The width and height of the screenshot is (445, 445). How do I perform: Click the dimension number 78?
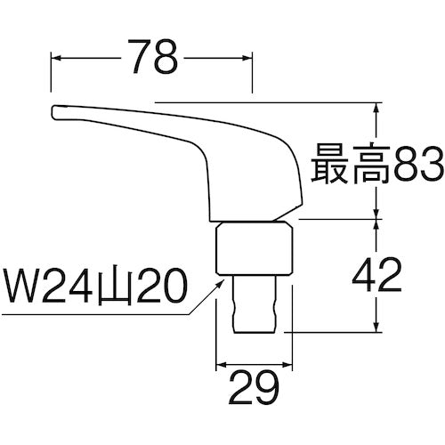[x=152, y=60]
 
